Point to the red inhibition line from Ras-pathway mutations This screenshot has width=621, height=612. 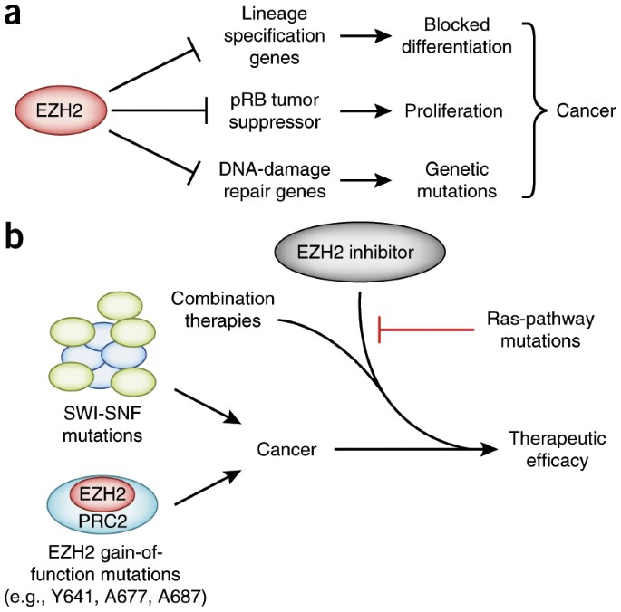426,330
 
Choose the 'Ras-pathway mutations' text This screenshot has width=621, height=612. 532,330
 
